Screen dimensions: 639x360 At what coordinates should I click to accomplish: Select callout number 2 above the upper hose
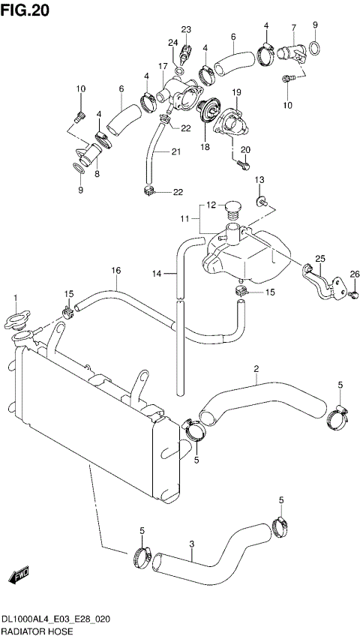pyautogui.click(x=256, y=369)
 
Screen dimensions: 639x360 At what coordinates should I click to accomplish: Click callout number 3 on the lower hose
pyautogui.click(x=192, y=544)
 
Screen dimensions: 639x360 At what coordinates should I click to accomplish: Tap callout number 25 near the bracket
pyautogui.click(x=319, y=259)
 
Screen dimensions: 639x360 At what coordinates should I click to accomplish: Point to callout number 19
pyautogui.click(x=235, y=92)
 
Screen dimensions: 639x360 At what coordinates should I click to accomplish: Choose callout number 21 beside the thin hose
pyautogui.click(x=175, y=152)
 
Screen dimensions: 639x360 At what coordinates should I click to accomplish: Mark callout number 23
pyautogui.click(x=185, y=29)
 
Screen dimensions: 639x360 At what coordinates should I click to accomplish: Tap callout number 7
pyautogui.click(x=293, y=28)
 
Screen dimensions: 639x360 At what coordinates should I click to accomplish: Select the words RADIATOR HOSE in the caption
pyautogui.click(x=36, y=633)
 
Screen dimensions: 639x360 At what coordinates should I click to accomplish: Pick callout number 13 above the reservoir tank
pyautogui.click(x=260, y=180)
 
